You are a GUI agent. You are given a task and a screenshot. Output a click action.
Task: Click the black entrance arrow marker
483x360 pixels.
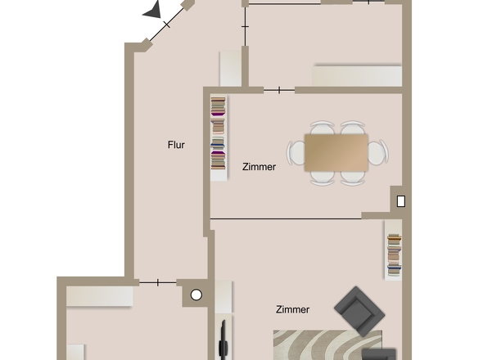pyautogui.click(x=152, y=10)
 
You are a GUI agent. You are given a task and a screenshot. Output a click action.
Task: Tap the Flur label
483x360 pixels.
pyautogui.click(x=176, y=146)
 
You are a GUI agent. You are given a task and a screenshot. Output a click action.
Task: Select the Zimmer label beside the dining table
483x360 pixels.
pyautogui.click(x=259, y=167)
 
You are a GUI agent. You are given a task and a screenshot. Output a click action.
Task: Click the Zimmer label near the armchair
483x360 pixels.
pyautogui.click(x=292, y=309)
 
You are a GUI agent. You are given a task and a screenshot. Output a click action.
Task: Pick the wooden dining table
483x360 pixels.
pyautogui.click(x=336, y=152)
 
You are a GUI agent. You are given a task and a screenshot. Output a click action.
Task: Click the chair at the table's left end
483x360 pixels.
pyautogui.click(x=296, y=152)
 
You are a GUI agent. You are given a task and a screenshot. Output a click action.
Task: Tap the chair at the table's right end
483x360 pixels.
pyautogui.click(x=377, y=152)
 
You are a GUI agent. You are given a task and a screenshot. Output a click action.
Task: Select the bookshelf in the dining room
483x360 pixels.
pyautogui.click(x=218, y=133)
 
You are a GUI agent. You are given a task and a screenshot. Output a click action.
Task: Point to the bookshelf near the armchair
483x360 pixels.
pyautogui.click(x=394, y=253)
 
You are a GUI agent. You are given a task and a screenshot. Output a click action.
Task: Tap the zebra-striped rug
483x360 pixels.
pyautogui.click(x=327, y=344)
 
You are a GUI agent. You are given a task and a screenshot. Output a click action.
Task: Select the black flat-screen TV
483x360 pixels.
pyautogui.click(x=222, y=340)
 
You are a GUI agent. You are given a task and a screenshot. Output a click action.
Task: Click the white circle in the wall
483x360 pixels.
pyautogui.click(x=196, y=295)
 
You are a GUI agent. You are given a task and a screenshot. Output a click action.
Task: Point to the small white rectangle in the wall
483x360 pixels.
pyautogui.click(x=401, y=200)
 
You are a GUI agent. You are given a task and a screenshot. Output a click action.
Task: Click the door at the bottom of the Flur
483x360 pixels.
pyautogui.click(x=157, y=282)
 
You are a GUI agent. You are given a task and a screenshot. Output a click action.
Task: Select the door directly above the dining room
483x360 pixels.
pyautogui.click(x=279, y=89)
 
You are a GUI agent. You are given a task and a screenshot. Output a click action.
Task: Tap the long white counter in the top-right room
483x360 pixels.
pyautogui.click(x=357, y=76)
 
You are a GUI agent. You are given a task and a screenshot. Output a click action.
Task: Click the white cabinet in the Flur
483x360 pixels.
pyautogui.click(x=230, y=69)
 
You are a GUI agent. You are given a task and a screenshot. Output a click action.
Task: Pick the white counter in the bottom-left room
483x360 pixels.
pyautogui.click(x=99, y=295)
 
